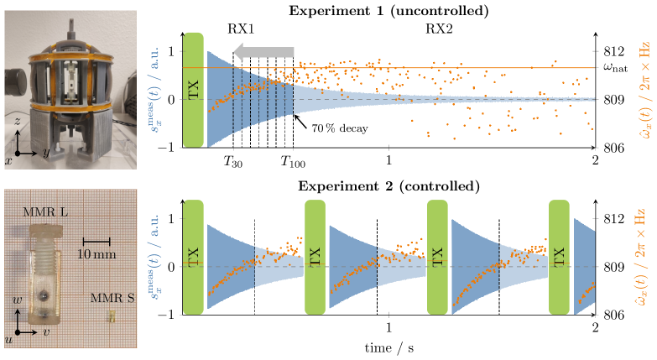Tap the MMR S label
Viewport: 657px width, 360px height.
(x=107, y=297)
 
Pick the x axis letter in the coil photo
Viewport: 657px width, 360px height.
(x=8, y=159)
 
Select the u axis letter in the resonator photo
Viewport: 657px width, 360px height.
(x=8, y=339)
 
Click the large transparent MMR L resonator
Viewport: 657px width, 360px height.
(x=43, y=274)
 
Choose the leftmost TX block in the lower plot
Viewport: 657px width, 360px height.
(x=194, y=258)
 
